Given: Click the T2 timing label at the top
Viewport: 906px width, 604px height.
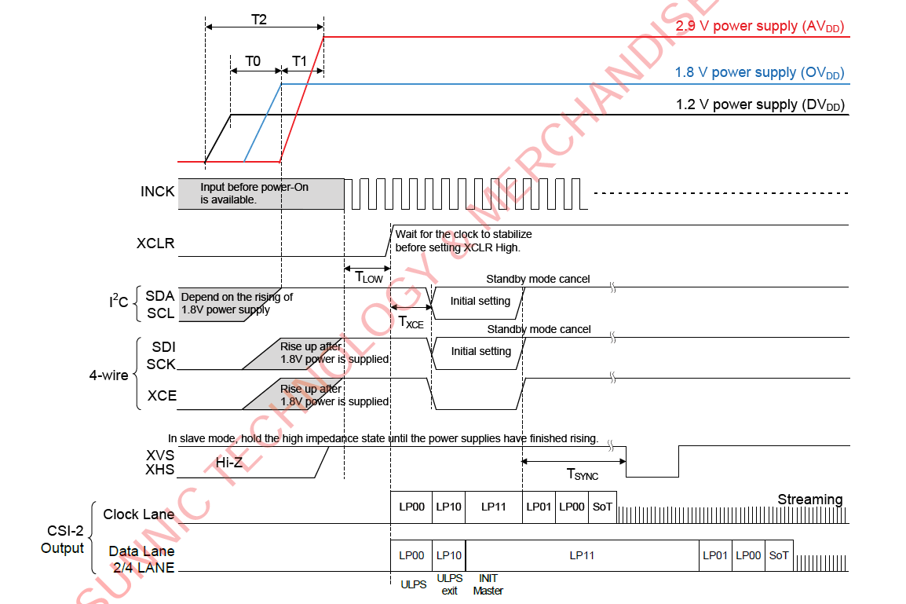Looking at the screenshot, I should click(x=258, y=20).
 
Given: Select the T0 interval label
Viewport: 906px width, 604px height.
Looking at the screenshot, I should click(x=253, y=61).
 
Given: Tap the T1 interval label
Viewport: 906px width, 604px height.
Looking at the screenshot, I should click(x=300, y=61).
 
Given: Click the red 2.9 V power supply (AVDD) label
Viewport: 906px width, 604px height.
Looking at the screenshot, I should click(x=759, y=27).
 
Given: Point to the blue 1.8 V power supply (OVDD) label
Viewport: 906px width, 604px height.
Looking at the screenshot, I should click(x=759, y=73).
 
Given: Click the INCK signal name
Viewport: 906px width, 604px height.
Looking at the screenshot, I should click(x=157, y=192).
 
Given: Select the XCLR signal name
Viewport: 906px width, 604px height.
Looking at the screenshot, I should click(x=155, y=244).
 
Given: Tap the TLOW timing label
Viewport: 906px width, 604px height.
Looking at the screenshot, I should click(x=369, y=276).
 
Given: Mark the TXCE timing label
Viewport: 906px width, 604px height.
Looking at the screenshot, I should click(x=411, y=321).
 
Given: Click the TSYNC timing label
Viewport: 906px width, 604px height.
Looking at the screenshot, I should click(x=583, y=474).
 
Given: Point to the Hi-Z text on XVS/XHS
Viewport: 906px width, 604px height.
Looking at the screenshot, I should click(x=229, y=463).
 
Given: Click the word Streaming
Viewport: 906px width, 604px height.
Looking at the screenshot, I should click(x=809, y=500).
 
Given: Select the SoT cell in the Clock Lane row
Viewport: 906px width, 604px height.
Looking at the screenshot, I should click(x=602, y=507).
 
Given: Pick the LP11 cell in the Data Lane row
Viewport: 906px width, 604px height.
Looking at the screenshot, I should click(x=582, y=555).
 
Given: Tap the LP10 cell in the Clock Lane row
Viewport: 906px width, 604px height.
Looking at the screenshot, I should click(x=448, y=507).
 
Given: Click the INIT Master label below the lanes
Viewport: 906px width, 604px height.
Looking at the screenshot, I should click(x=488, y=585).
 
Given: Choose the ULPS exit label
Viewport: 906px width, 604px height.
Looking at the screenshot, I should click(x=449, y=585).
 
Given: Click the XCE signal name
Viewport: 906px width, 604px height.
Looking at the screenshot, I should click(x=162, y=396).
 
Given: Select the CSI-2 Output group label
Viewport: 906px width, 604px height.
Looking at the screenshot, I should click(x=62, y=540).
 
